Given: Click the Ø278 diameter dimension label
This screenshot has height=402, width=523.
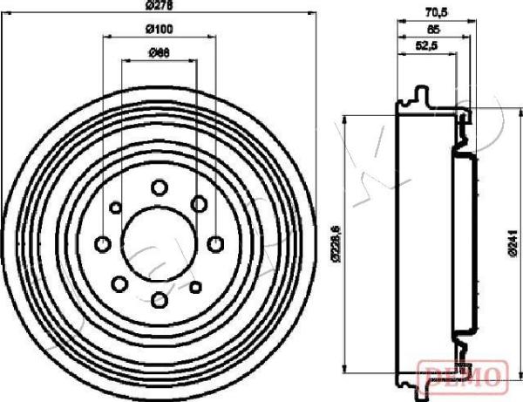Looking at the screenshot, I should click(159, 6).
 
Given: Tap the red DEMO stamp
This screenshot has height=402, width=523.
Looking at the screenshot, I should click(462, 375).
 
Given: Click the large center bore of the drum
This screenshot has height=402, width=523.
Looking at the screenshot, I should click(159, 243).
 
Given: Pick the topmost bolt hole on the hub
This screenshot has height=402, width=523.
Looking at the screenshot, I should click(159, 187).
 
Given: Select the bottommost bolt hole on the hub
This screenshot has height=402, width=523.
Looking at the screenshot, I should click(159, 300).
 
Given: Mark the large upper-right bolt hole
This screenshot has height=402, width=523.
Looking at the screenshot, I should click(199, 203).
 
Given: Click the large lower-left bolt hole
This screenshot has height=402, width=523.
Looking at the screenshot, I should click(119, 283).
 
